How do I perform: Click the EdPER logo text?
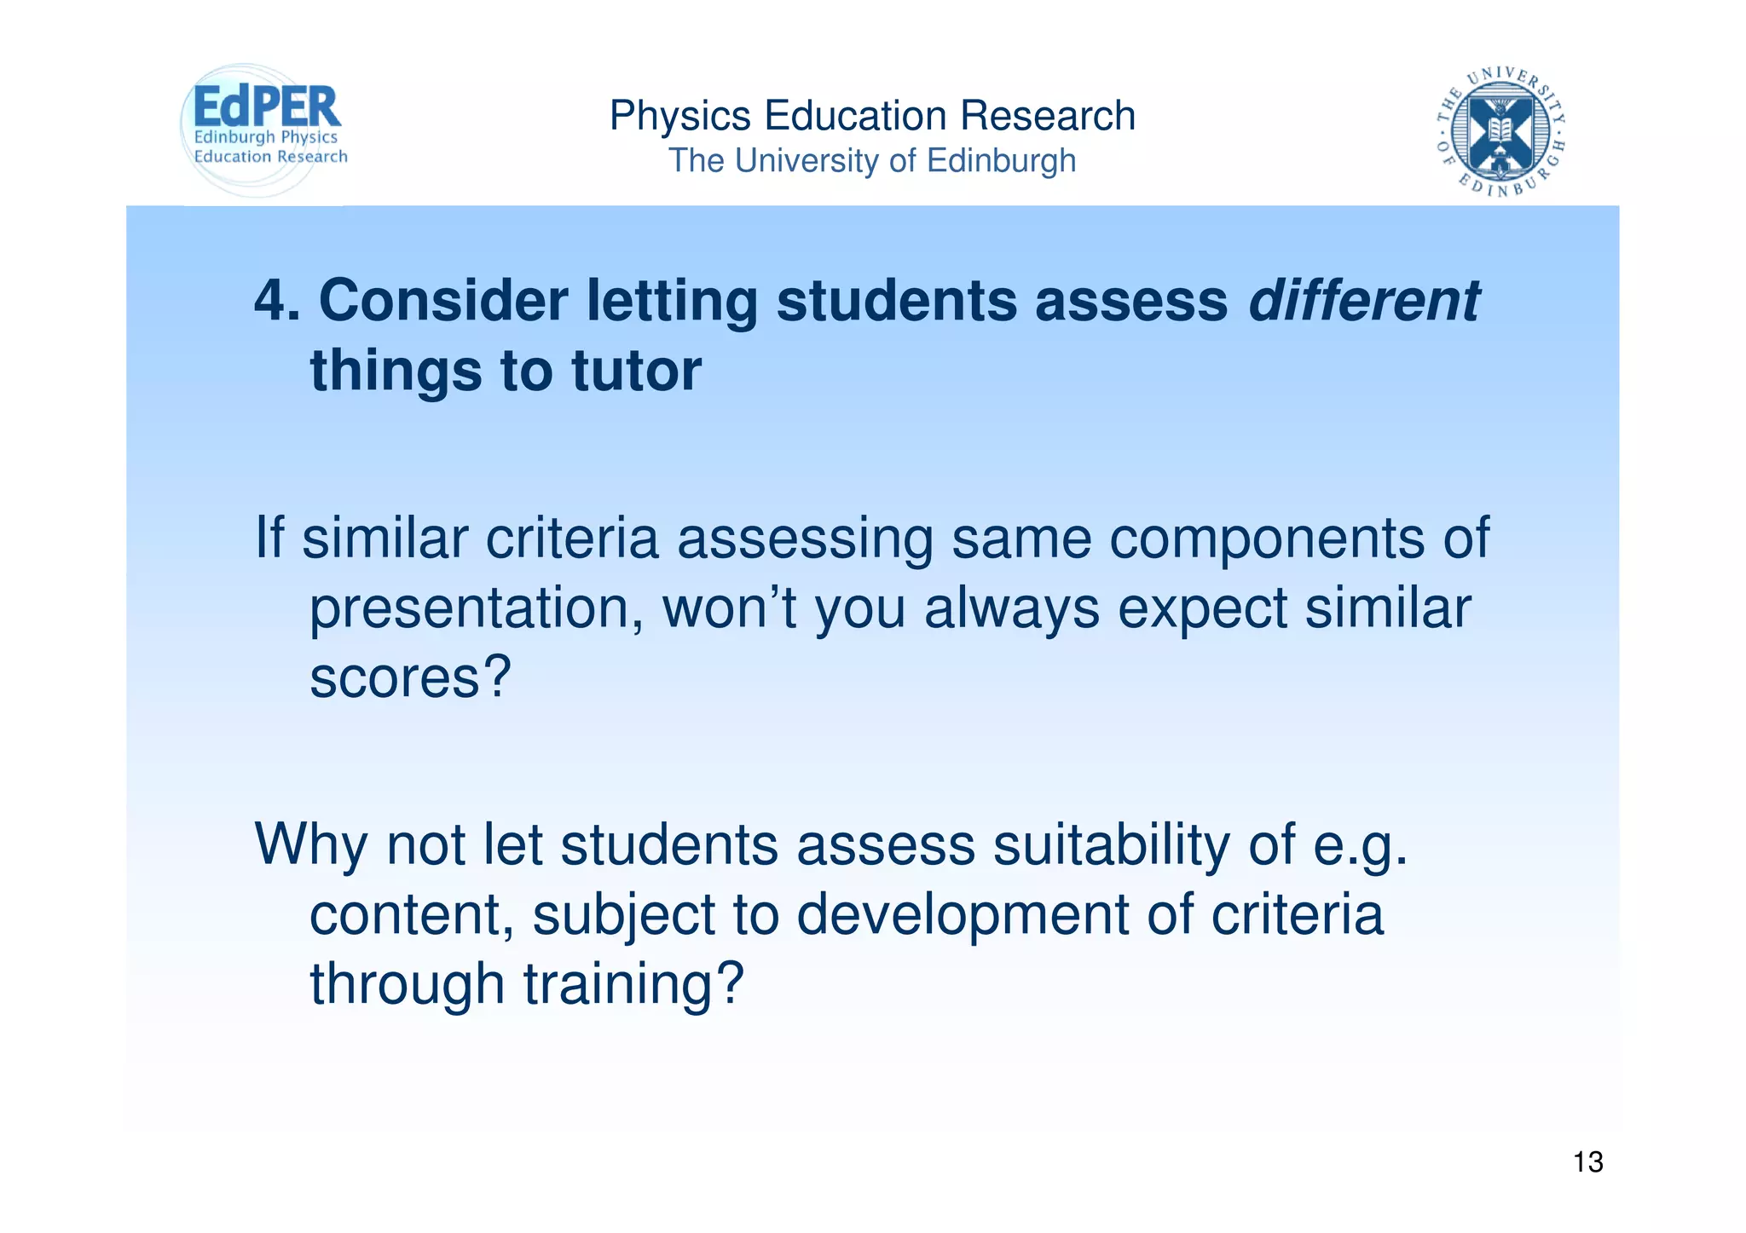click(267, 107)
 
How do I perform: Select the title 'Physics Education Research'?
click(872, 116)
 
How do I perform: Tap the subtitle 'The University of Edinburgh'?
click(872, 161)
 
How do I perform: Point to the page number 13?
click(1587, 1162)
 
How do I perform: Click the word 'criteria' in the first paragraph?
click(572, 539)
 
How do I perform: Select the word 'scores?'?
click(410, 678)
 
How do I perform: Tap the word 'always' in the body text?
click(1012, 609)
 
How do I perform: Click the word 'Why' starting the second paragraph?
click(311, 845)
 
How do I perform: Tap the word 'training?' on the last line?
click(633, 984)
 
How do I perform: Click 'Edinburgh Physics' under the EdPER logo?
click(266, 137)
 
